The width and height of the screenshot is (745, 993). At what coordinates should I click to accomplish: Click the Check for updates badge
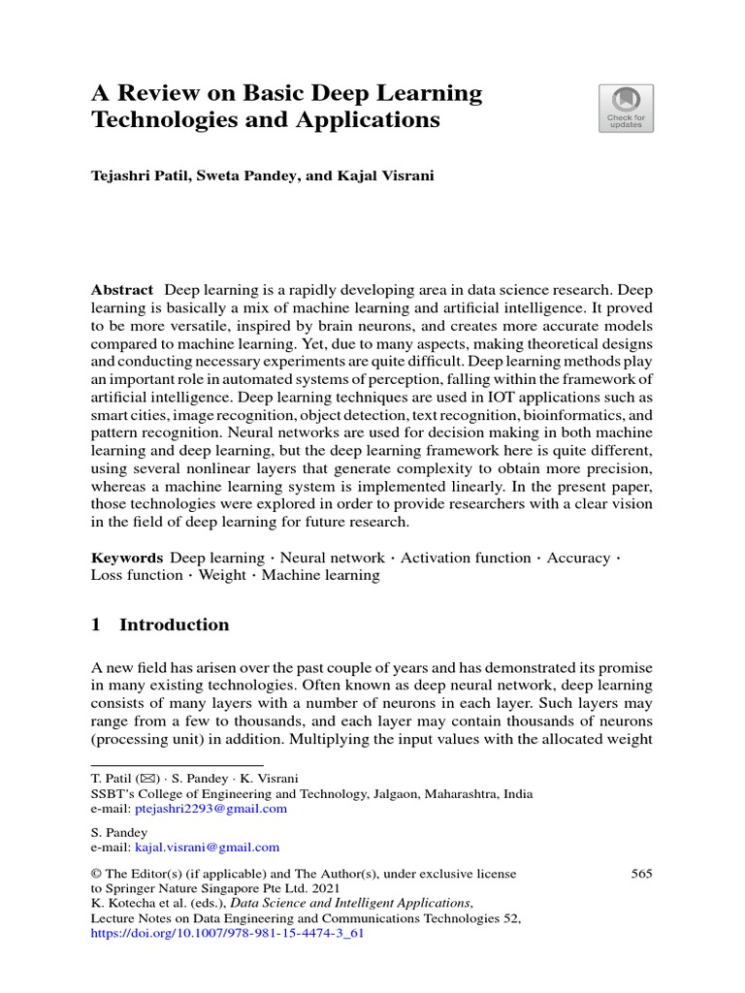click(626, 108)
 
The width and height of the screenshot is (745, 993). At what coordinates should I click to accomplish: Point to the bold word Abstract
click(122, 290)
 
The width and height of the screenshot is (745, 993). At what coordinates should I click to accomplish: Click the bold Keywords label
click(127, 558)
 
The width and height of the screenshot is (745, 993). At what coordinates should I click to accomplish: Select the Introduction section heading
click(174, 625)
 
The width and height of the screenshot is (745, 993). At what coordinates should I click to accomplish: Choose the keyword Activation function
click(466, 558)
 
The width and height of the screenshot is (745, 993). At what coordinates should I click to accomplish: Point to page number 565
click(641, 874)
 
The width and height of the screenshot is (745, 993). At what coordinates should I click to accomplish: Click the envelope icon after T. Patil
click(149, 779)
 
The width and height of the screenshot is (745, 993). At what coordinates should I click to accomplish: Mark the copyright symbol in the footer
click(96, 874)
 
